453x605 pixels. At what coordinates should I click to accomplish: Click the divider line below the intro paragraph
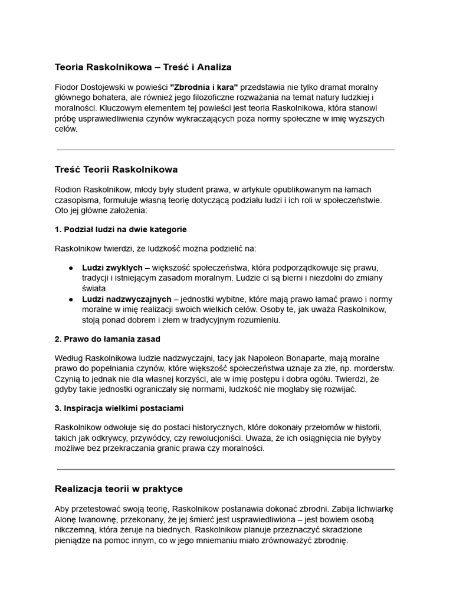pos(225,149)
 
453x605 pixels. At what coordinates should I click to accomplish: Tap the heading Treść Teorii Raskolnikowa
pos(116,170)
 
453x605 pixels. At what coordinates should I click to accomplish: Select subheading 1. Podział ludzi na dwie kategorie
pos(121,229)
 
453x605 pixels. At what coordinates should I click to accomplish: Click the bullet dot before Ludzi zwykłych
pos(71,268)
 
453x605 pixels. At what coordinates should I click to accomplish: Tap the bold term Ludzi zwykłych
pos(112,268)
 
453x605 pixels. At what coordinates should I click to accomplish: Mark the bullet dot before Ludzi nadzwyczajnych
pos(71,300)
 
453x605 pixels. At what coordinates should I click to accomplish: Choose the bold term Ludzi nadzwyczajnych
pos(127,300)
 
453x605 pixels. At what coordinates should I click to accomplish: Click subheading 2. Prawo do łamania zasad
pos(107,339)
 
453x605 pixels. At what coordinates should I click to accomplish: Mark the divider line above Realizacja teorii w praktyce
pos(225,469)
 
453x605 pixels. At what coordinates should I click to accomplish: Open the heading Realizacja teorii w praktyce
pos(119,489)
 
